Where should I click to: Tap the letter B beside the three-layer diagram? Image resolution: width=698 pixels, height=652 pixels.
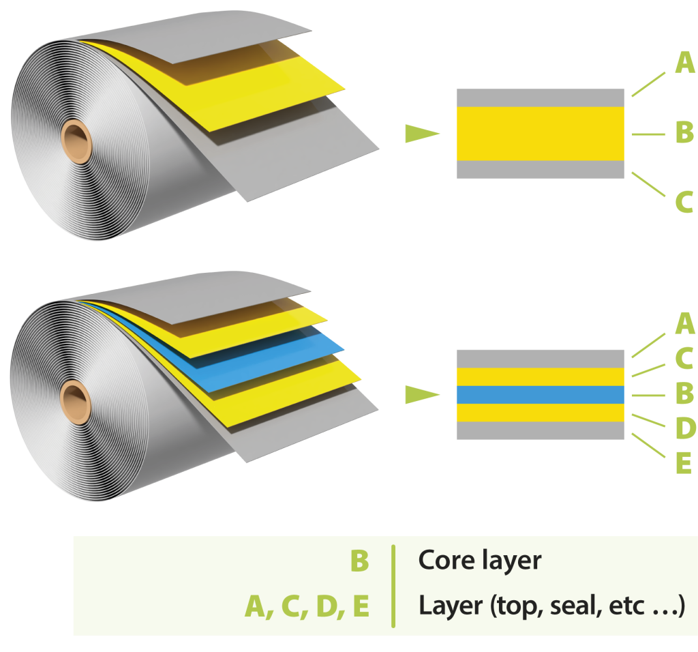click(x=684, y=133)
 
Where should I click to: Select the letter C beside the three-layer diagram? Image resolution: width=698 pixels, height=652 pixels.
click(x=684, y=202)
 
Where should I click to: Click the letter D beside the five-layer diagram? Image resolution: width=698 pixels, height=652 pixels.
click(x=684, y=428)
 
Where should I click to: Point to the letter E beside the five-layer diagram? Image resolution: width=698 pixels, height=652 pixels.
click(x=684, y=464)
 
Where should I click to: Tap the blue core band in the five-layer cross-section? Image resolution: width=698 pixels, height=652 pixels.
click(x=540, y=395)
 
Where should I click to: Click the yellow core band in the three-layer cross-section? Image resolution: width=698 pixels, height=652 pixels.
click(x=540, y=134)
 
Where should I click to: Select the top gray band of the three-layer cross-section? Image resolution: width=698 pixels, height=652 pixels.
click(x=540, y=98)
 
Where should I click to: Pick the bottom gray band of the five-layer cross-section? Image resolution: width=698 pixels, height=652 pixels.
click(x=540, y=430)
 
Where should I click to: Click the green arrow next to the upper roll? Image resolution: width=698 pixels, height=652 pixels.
click(x=421, y=134)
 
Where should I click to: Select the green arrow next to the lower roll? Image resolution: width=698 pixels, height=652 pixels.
click(x=421, y=395)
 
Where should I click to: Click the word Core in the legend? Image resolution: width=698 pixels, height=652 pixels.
click(x=445, y=560)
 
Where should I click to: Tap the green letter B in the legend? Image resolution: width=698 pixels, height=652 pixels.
click(x=359, y=561)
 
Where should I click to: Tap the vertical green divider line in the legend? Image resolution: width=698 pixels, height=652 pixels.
click(x=393, y=585)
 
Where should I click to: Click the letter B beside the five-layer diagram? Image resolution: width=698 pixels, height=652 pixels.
click(x=684, y=394)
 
